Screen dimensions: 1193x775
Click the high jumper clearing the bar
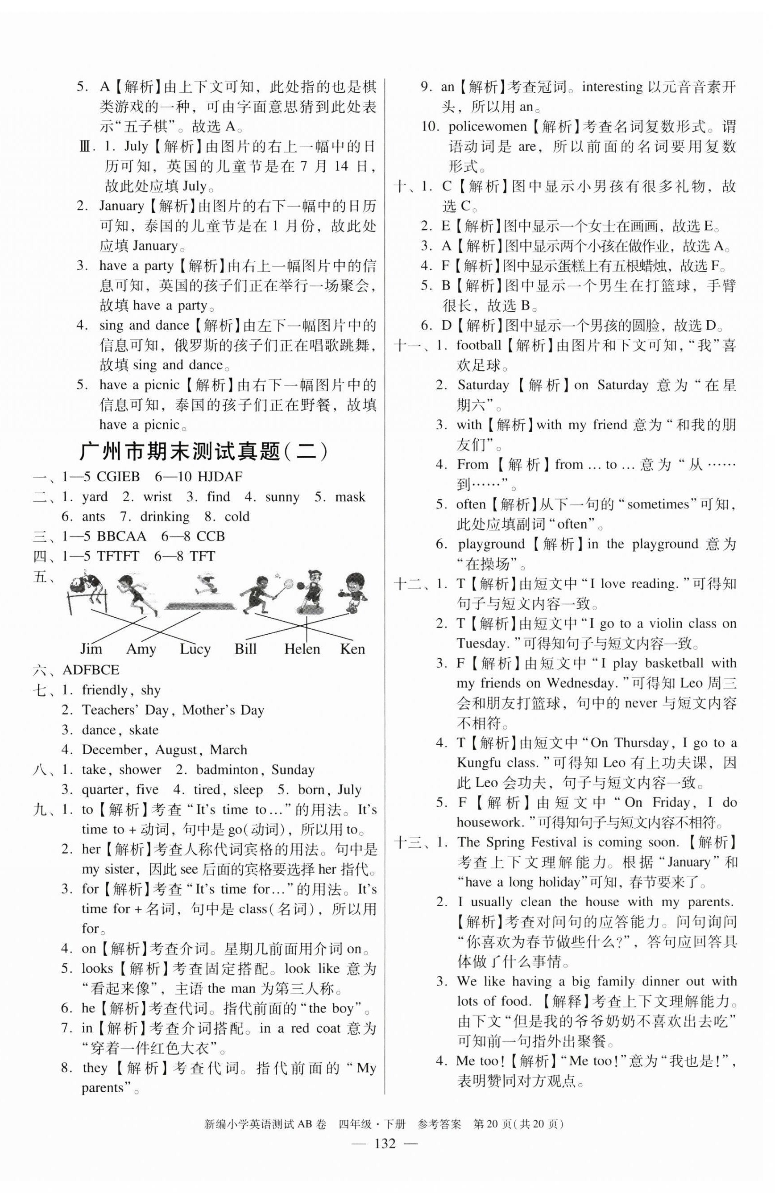click(88, 582)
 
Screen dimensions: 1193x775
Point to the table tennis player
click(354, 591)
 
